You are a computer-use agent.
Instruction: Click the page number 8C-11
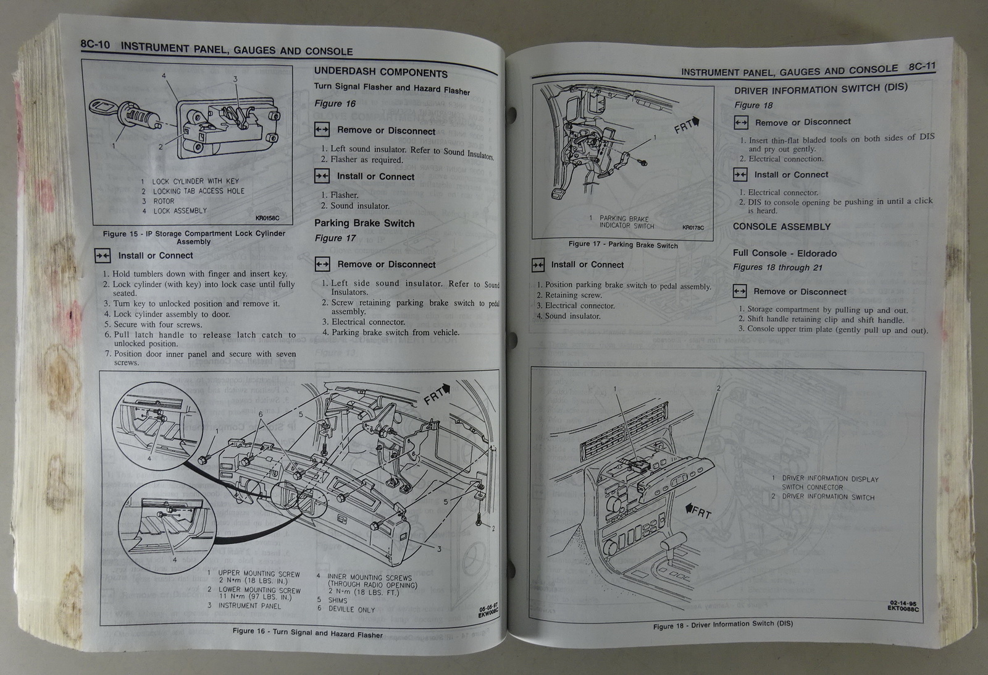tap(922, 67)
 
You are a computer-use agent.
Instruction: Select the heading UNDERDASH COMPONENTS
tap(380, 72)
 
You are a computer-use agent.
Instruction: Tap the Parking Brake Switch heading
tap(364, 223)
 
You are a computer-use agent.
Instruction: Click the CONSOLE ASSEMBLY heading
tap(781, 227)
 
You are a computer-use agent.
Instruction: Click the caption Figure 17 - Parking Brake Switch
tap(623, 245)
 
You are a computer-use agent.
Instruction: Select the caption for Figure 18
tap(722, 625)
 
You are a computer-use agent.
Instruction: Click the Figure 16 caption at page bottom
tap(307, 632)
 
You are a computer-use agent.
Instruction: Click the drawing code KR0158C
tap(267, 218)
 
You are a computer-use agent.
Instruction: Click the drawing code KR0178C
tap(693, 227)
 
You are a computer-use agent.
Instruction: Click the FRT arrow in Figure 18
tap(698, 511)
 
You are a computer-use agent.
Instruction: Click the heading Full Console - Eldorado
tap(784, 253)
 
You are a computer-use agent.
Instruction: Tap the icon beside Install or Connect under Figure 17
tap(538, 265)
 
